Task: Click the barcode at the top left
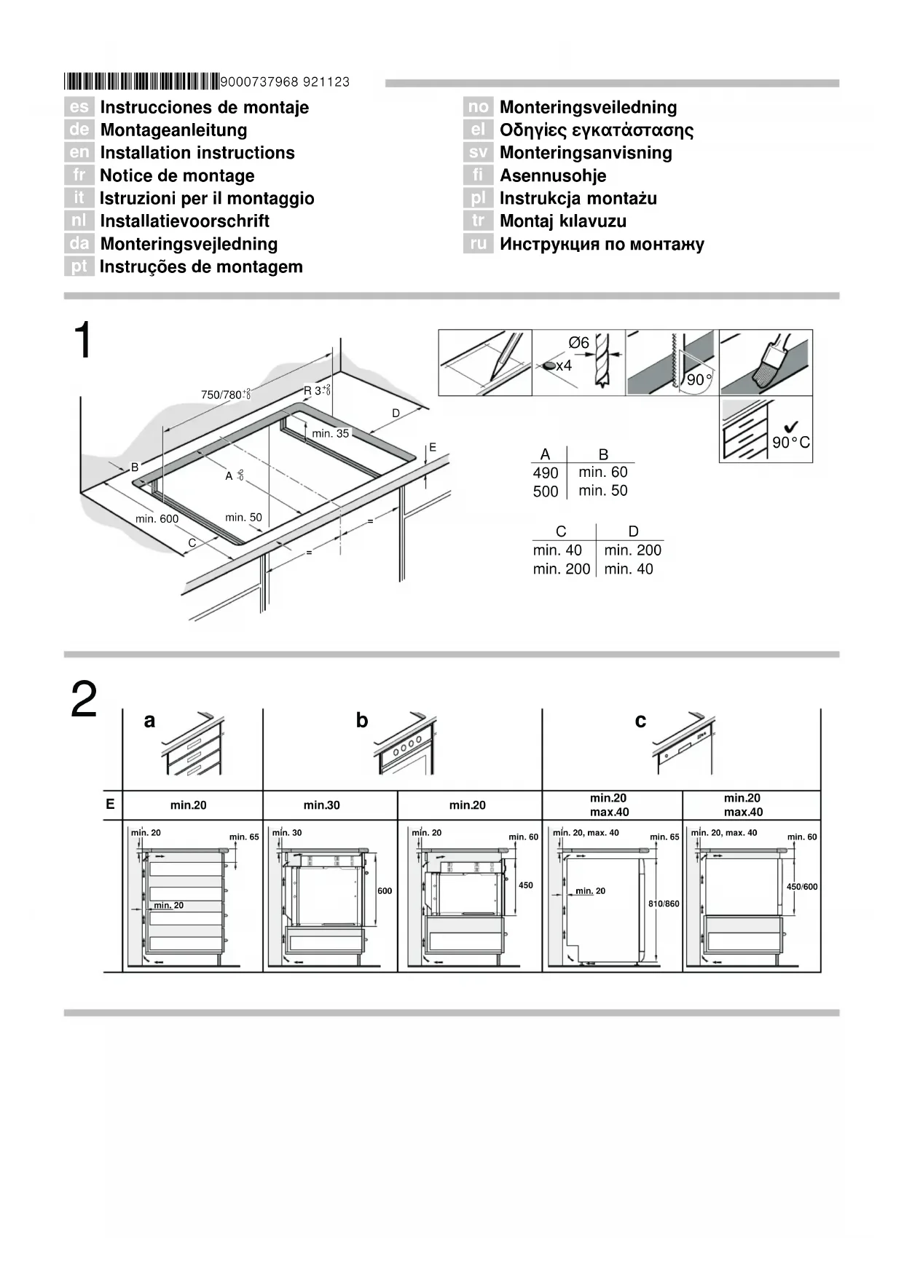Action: [x=141, y=81]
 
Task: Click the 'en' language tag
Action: [x=79, y=152]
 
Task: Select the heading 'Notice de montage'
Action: [x=177, y=175]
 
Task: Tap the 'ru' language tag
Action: [x=478, y=244]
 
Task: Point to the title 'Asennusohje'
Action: [x=552, y=175]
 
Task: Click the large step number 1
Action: [x=84, y=341]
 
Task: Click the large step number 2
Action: [x=84, y=700]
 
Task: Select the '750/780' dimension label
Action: [x=221, y=395]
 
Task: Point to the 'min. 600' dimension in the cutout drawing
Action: [x=157, y=519]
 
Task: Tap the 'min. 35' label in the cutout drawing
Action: [x=330, y=433]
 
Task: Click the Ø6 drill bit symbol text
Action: [x=578, y=343]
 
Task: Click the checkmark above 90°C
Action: [x=788, y=428]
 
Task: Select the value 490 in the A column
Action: [x=545, y=473]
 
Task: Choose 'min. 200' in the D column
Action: [x=632, y=550]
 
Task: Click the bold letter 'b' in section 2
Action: [x=362, y=721]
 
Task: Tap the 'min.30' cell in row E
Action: [x=322, y=805]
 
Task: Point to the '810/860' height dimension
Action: [x=664, y=904]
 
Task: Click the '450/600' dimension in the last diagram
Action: [x=802, y=887]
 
